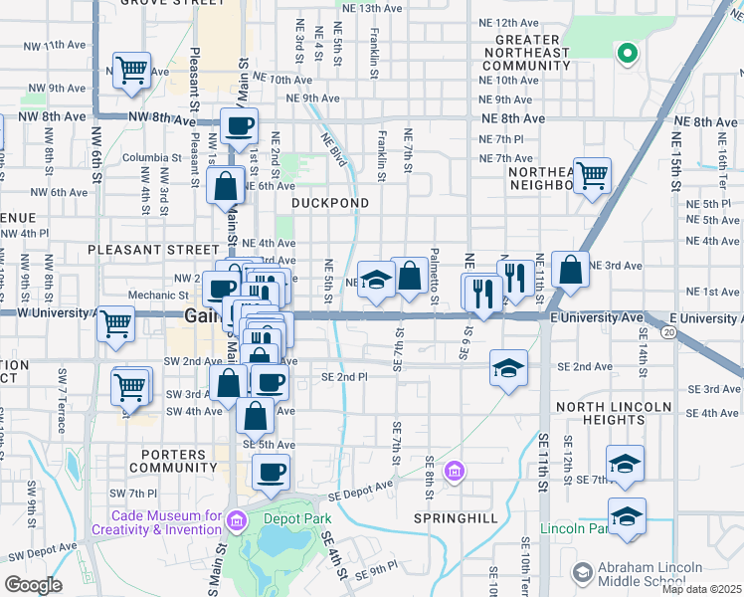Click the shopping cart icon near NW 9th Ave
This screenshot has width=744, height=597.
[x=131, y=71]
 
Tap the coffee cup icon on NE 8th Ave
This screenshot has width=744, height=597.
[x=240, y=126]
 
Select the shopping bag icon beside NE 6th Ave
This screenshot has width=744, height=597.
[x=226, y=184]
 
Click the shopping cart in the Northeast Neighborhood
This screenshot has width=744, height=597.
[x=593, y=175]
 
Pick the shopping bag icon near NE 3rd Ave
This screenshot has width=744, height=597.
[x=570, y=269]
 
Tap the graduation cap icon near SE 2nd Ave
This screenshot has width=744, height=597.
[x=508, y=368]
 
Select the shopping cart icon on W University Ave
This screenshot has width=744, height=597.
[x=115, y=322]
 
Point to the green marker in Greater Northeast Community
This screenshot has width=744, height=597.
[x=627, y=53]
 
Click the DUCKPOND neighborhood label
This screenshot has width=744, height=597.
[x=330, y=203]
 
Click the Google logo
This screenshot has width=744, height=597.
[x=34, y=585]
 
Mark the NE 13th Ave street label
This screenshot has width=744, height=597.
[x=368, y=7]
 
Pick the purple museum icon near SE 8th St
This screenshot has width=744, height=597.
[x=455, y=471]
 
